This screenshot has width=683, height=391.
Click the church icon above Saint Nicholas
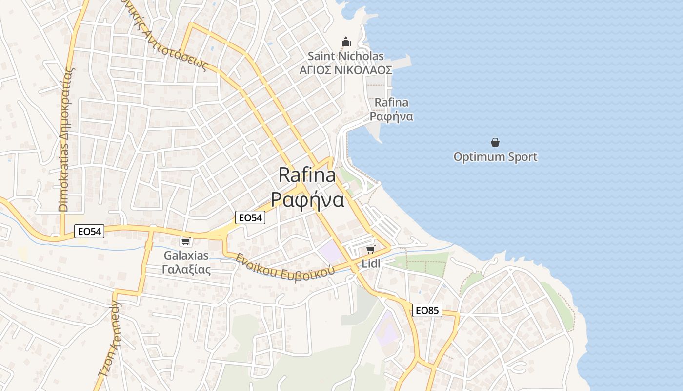pos(346,42)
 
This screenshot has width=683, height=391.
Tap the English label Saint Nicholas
pos(346,56)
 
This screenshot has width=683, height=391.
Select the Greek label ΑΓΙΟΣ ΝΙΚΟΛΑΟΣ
pos(346,70)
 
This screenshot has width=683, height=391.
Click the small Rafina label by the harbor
pos(391,103)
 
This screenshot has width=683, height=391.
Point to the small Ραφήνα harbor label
pos(391,116)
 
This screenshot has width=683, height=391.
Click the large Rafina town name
pos(307,175)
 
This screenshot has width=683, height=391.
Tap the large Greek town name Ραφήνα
pos(307,199)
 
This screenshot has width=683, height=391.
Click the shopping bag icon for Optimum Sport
pos(495,142)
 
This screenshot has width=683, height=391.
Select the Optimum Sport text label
pos(495,157)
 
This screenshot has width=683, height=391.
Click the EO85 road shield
pos(427,310)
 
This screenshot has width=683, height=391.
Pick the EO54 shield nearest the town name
pos(250,217)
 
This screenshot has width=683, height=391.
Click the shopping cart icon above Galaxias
pos(185,241)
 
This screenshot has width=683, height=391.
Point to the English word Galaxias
pos(186,255)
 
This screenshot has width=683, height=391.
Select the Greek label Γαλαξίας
pos(186,269)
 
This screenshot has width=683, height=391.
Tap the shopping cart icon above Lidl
pos(371,250)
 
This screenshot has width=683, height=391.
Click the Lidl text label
pos(371,264)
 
